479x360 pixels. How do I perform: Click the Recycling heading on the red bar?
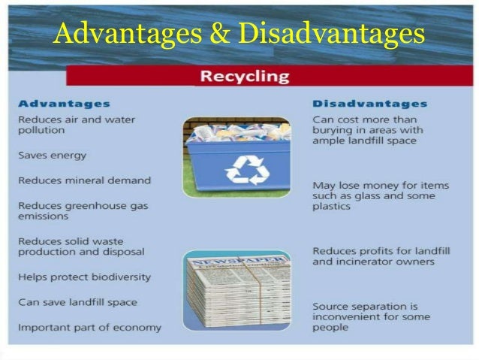[244, 76]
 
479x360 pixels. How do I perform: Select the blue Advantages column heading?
[64, 104]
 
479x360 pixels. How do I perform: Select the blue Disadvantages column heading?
[369, 104]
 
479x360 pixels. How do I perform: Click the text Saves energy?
[52, 156]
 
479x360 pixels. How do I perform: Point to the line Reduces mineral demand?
[84, 180]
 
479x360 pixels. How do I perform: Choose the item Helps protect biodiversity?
[84, 277]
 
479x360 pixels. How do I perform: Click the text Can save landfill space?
[77, 302]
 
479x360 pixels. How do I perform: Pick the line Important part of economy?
[89, 328]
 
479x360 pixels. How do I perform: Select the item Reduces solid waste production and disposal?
[81, 247]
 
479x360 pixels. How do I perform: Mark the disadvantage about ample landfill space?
[367, 130]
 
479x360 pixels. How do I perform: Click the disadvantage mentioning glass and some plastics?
[369, 195]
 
